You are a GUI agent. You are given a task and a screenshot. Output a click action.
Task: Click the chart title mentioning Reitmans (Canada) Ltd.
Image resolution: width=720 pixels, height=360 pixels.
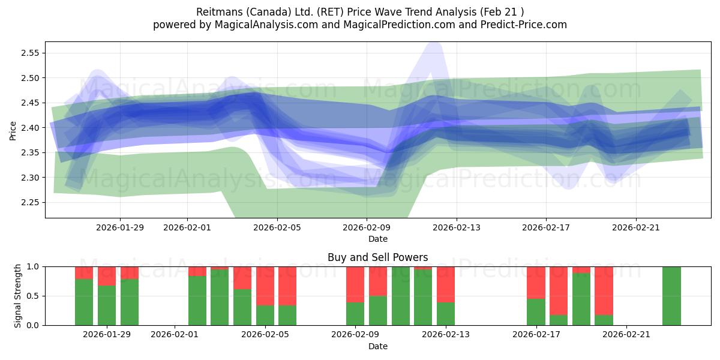point(360,11)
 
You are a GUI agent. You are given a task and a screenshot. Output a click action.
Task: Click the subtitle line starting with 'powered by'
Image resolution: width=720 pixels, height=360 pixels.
point(360,25)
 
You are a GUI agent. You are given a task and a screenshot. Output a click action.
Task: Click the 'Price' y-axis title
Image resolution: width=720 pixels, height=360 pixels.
point(13,130)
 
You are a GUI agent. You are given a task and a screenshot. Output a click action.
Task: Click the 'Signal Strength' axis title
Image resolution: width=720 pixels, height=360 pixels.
point(18,295)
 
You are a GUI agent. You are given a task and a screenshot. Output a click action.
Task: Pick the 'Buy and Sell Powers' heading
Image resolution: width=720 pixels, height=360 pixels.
point(377,257)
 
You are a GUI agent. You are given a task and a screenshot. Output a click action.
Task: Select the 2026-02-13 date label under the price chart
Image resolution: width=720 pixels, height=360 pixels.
point(456,227)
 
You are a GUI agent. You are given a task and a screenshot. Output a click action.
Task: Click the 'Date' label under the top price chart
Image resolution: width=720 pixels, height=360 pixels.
point(377,239)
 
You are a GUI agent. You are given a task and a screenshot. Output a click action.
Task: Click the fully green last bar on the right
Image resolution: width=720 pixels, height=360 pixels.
point(671,295)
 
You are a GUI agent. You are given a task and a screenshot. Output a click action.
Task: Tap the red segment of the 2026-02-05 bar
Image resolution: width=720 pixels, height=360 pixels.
point(265,286)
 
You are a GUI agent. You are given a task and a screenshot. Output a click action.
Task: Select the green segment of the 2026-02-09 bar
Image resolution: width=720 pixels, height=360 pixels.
point(355,314)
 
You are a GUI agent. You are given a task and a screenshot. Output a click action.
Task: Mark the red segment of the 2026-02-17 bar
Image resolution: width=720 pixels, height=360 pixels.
point(536,282)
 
